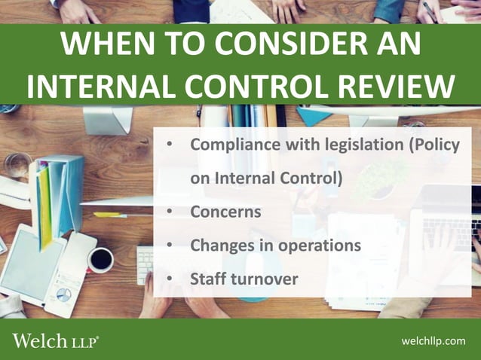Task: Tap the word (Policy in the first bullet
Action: [434, 145]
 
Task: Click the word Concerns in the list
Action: [225, 212]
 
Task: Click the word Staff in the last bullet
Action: [208, 279]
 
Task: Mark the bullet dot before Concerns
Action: [170, 212]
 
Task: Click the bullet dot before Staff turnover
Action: [170, 279]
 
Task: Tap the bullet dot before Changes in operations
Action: [170, 246]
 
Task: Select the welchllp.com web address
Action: [434, 342]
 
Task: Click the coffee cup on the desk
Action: [100, 260]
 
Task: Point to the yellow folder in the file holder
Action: [45, 203]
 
